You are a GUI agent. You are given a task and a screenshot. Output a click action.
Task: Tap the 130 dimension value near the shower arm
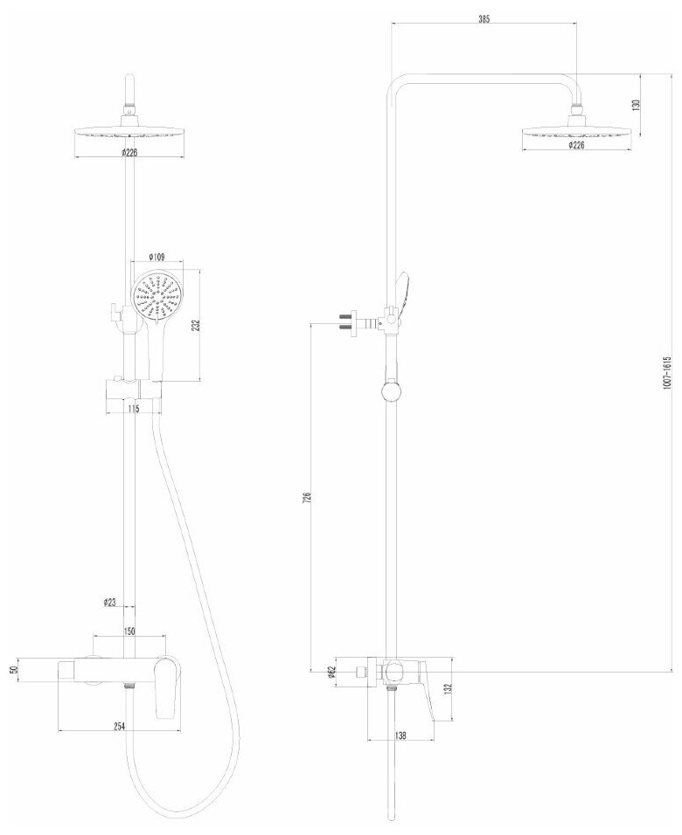pos(637,104)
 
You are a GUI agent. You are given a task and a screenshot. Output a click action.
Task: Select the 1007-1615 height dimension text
pos(665,372)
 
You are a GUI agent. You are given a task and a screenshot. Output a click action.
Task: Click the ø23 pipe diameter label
pos(110,602)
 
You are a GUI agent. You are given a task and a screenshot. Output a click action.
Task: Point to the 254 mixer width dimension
pos(120,726)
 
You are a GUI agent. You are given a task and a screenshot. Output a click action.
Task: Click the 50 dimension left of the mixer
pos(14,669)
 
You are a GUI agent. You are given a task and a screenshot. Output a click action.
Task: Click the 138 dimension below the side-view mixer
pos(400,736)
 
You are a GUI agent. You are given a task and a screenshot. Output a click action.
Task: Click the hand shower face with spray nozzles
pos(154,299)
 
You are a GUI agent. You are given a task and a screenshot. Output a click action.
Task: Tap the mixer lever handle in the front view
pos(164,686)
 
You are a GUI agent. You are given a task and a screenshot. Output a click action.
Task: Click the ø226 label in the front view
pos(129,152)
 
